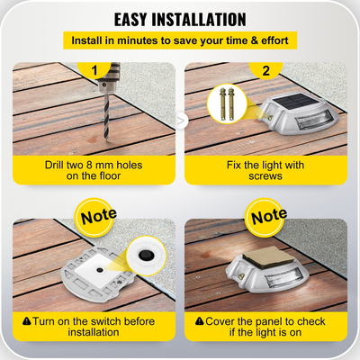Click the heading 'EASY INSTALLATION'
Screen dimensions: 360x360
pos(180,18)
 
